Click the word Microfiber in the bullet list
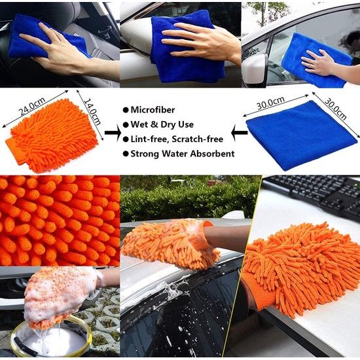click(x=153, y=110)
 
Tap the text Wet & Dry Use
click(x=162, y=124)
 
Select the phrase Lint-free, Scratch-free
click(x=177, y=139)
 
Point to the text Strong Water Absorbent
click(x=183, y=154)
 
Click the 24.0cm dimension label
click(x=31, y=106)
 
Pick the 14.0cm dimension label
click(x=92, y=112)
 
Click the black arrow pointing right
click(x=113, y=133)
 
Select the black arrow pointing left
click(x=239, y=133)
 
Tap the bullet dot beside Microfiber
click(x=126, y=110)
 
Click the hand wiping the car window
click(x=321, y=63)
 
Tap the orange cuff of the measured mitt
click(x=15, y=151)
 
